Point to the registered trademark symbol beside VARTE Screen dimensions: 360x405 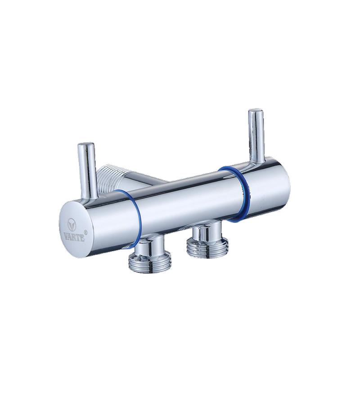pyautogui.click(x=86, y=232)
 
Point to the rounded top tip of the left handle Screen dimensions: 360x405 pyautogui.click(x=86, y=144)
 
